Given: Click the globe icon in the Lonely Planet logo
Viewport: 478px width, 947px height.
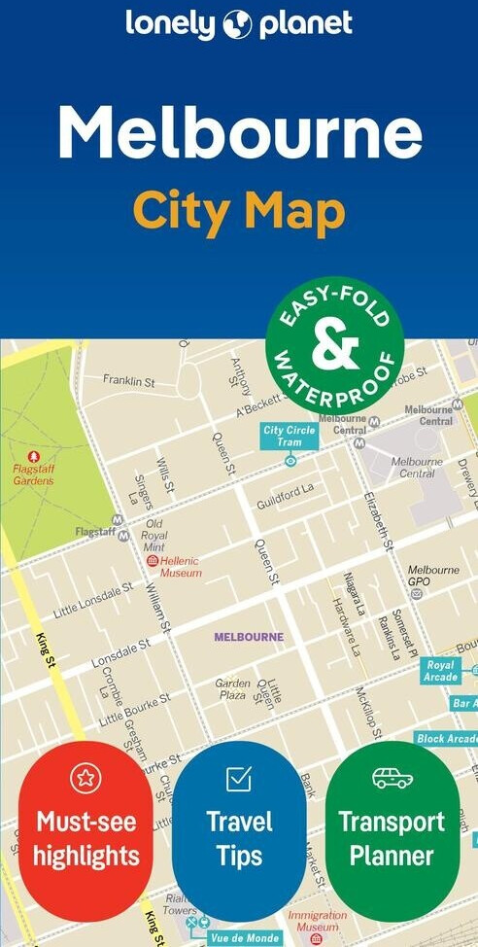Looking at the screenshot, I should pyautogui.click(x=237, y=25).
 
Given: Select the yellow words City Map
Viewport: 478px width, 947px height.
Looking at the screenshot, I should pyautogui.click(x=239, y=209).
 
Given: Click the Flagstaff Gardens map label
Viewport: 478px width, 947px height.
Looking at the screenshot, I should pyautogui.click(x=33, y=473).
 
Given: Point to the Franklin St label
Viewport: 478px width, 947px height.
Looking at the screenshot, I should pyautogui.click(x=129, y=382).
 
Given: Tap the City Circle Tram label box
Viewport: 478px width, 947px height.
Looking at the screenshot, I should pyautogui.click(x=290, y=436).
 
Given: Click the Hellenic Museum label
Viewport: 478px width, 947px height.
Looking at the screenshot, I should pyautogui.click(x=181, y=567).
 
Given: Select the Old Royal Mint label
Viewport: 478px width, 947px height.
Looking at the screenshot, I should pyautogui.click(x=154, y=535).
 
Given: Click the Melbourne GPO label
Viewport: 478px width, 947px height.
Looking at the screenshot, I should pyautogui.click(x=433, y=576).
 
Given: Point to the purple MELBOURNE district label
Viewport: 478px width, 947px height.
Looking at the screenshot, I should pyautogui.click(x=249, y=637).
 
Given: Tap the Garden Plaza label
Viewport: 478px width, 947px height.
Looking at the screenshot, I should pyautogui.click(x=233, y=689).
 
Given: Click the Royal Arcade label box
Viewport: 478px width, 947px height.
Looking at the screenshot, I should pyautogui.click(x=440, y=671).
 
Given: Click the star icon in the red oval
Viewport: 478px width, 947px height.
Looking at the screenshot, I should pyautogui.click(x=85, y=778).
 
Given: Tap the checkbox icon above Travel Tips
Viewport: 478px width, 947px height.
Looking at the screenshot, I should pyautogui.click(x=238, y=778).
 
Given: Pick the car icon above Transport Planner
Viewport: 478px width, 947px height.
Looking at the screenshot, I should pyautogui.click(x=392, y=778).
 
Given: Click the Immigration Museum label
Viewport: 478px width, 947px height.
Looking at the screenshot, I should pyautogui.click(x=318, y=921).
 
